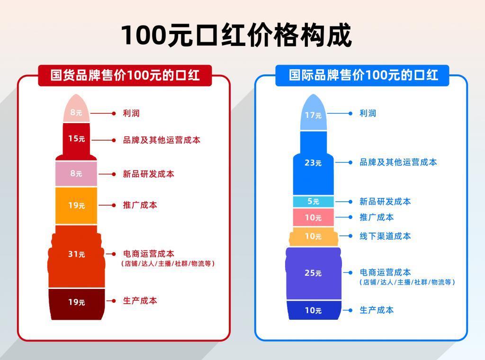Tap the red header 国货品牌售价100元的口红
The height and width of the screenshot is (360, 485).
point(125,75)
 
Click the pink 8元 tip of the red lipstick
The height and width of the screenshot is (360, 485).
point(76,112)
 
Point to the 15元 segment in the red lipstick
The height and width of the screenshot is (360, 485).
point(76,139)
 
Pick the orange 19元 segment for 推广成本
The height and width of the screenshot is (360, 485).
point(76,205)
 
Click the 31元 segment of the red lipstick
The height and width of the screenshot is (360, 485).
point(76,254)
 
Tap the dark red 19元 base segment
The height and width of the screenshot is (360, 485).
point(76,302)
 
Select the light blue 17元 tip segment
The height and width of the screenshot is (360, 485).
point(313,114)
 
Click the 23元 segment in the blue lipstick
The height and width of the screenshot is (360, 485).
point(313,162)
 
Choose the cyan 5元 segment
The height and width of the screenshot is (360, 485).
point(313,201)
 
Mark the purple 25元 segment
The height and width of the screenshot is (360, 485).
point(313,273)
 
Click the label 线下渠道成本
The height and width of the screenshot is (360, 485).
point(385,236)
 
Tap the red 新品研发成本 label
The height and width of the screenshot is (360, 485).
point(148,174)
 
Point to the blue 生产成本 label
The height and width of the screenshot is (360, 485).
point(377,310)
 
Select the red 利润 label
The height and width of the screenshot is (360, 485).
point(131,113)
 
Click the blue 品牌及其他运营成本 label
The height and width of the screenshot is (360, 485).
point(398,162)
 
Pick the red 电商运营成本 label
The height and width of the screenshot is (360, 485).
point(148,254)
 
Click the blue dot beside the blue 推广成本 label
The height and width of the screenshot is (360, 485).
point(350,217)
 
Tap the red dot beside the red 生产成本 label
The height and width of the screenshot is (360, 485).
point(114,301)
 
